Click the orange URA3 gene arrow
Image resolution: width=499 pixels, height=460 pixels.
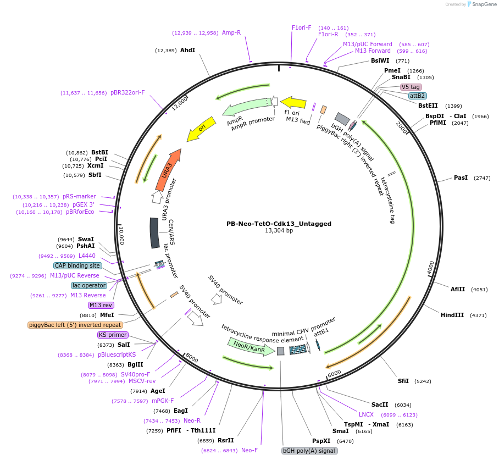pos(167,170)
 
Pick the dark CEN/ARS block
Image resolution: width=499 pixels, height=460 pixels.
pos(156,232)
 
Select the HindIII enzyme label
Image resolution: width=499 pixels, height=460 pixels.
pos(452,315)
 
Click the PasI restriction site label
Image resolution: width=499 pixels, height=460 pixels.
pos(461,178)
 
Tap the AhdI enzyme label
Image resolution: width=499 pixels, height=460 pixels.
pos(187,50)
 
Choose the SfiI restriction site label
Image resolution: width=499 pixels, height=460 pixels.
pos(403,380)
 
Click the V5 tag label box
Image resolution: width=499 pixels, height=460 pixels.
pos(411,87)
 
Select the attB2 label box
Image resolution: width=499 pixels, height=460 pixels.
pos(417,96)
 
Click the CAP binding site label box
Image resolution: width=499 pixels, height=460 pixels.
pos(77,265)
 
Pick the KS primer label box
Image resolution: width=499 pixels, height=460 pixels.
pos(113,335)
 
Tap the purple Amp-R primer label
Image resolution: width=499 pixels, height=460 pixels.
pos(231,32)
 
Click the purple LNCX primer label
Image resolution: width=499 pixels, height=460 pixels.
pos(367,414)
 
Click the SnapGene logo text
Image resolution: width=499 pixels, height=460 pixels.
pos(482,4)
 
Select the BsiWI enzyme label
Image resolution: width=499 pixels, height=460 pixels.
pos(380,60)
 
